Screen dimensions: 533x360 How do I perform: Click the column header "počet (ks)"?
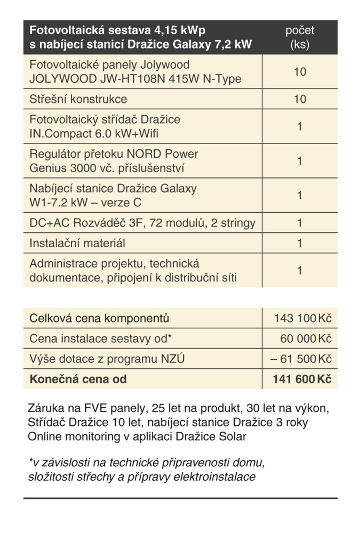pos(300,37)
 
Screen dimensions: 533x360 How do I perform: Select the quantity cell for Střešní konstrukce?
pos(300,99)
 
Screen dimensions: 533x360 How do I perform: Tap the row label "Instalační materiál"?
pos(77,243)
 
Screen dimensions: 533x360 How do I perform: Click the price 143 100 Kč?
pos(302,319)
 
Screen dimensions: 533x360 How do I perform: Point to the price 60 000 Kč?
pos(306,338)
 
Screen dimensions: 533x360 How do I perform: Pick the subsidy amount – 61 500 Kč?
pos(301,359)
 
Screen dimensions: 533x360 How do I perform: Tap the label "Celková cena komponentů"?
pos(99,319)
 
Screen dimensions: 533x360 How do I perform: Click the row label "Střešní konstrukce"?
pos(78,99)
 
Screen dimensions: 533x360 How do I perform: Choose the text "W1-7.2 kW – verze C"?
pos(85,203)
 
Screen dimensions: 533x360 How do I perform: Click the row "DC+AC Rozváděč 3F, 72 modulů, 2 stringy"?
pos(142,223)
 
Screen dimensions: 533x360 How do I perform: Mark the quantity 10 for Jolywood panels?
pos(300,72)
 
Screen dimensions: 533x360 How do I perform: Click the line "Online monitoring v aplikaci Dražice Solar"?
pos(137,437)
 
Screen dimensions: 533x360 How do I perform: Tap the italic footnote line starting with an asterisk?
pos(146,462)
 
